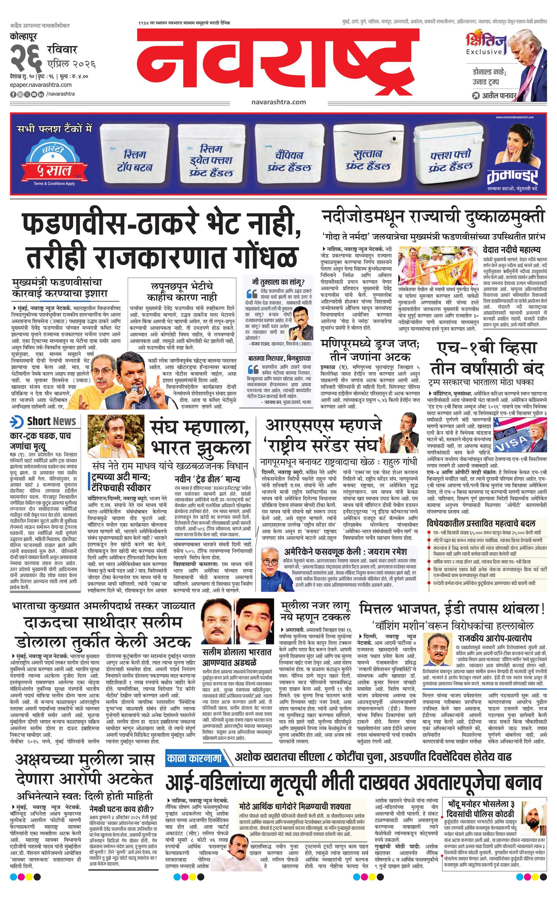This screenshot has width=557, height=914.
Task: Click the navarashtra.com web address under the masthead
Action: tap(278, 102)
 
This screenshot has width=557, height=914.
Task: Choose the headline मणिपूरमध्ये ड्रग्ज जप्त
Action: tap(370, 350)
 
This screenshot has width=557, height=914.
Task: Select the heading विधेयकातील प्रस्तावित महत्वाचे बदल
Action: tap(481, 523)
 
